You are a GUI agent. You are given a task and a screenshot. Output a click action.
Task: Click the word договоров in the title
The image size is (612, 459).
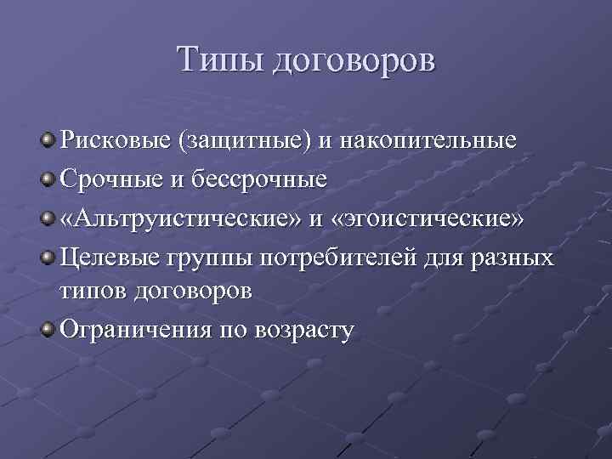click(353, 62)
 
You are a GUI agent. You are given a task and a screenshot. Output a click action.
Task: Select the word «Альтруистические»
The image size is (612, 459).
click(179, 218)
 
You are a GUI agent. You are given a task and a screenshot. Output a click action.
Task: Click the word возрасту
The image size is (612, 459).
click(303, 330)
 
